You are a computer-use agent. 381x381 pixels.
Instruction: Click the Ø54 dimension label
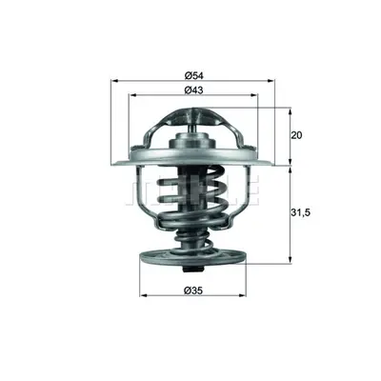tap(193, 75)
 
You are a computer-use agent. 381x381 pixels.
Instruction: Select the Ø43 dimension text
tap(193, 90)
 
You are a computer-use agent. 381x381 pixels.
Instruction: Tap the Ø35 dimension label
tap(193, 291)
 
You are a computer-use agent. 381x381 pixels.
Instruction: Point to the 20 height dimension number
tap(296, 135)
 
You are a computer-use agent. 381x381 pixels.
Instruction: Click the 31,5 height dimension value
tap(300, 213)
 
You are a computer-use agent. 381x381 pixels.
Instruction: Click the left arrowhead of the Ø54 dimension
tap(114, 81)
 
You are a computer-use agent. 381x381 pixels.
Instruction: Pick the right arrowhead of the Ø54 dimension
tap(271, 81)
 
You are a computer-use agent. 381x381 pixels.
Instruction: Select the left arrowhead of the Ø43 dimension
tap(131, 95)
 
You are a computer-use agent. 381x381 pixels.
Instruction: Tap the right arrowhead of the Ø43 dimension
tap(254, 95)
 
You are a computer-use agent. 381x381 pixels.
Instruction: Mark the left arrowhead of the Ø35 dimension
tap(144, 295)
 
